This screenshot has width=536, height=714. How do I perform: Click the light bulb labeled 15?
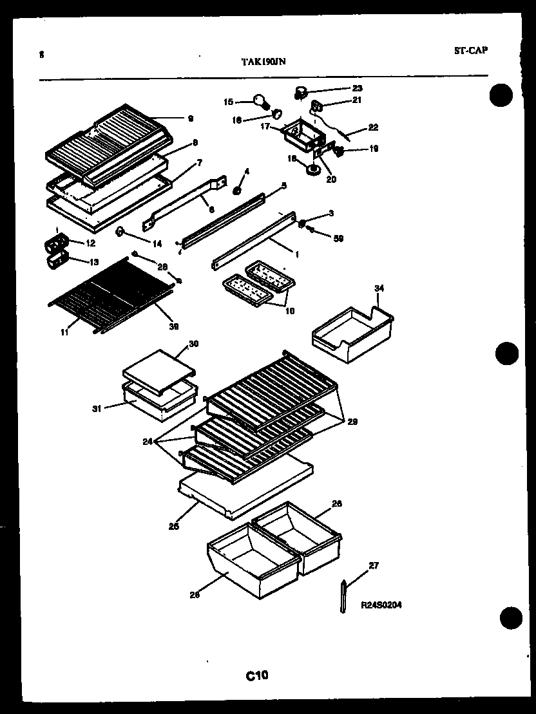coord(259,100)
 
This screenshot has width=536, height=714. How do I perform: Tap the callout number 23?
coord(357,88)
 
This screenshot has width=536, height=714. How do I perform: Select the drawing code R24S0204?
coord(382,605)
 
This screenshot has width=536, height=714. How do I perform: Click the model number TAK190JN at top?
coord(263,61)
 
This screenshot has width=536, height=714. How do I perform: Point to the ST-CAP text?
coord(470,50)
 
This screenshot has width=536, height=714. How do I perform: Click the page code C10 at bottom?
coord(256,675)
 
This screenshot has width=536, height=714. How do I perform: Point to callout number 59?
coord(339,238)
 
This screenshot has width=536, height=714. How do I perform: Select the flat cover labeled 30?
coord(158,368)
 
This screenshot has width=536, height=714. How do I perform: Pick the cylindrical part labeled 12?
coord(56,245)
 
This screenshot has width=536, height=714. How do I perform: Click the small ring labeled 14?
coord(120,232)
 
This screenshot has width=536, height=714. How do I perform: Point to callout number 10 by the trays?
coord(290,310)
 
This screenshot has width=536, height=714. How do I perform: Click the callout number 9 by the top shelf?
coord(190,118)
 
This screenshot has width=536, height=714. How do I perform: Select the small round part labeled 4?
coord(237,191)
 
